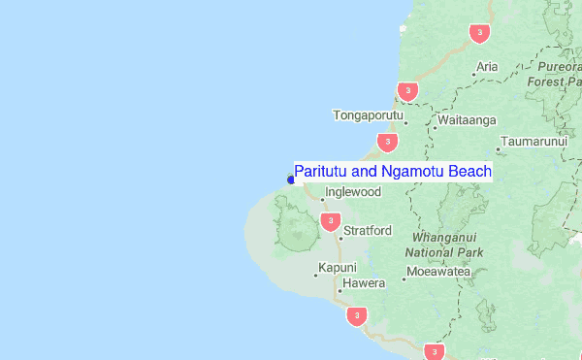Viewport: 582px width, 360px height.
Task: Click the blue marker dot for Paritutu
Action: point(291,179)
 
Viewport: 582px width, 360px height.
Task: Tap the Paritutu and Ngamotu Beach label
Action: point(393,172)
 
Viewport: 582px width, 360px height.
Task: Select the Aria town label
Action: point(487,67)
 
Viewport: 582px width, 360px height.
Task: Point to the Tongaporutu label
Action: point(368,115)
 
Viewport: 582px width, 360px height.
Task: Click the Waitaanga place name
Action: point(467,120)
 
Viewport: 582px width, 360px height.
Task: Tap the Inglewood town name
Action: point(354,192)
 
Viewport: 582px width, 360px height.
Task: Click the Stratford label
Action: point(368,231)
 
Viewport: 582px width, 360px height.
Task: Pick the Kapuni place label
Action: point(338,268)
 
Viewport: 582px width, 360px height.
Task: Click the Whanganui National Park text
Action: point(447,244)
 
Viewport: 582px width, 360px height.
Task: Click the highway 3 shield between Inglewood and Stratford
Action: point(330,222)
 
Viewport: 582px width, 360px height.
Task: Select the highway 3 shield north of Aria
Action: point(478,34)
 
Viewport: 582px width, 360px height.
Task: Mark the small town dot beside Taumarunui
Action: point(499,149)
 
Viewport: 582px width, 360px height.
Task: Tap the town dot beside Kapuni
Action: point(316,275)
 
